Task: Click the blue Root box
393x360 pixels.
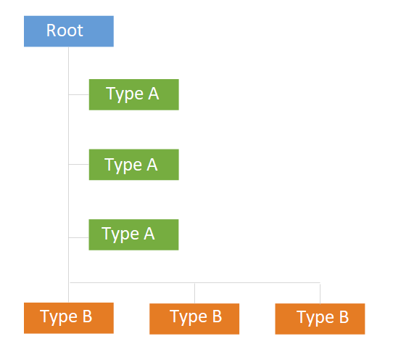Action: click(x=69, y=31)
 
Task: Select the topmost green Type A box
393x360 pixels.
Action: click(x=134, y=94)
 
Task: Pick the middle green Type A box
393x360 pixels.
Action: click(x=134, y=165)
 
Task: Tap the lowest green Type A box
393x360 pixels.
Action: click(x=133, y=234)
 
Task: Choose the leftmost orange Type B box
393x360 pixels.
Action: click(x=69, y=318)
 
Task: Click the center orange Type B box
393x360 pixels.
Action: click(x=194, y=319)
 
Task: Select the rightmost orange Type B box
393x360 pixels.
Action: click(x=320, y=319)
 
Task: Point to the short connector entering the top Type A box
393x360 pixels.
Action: click(x=79, y=94)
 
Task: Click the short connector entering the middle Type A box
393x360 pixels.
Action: click(x=79, y=164)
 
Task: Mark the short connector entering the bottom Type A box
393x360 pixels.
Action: click(x=79, y=237)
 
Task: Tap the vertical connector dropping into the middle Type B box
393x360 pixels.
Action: click(x=194, y=293)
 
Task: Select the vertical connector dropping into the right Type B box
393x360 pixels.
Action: click(x=320, y=293)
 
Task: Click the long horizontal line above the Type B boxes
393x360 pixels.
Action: click(x=195, y=283)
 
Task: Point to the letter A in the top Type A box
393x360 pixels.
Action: click(x=154, y=94)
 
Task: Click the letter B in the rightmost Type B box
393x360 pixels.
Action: click(x=344, y=317)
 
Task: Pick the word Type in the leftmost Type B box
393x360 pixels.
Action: click(x=59, y=318)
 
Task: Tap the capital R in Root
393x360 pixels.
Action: click(x=51, y=30)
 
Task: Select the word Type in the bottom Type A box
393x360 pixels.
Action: click(x=120, y=234)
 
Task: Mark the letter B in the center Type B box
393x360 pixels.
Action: click(x=217, y=316)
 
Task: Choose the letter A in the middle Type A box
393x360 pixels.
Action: click(x=152, y=165)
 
